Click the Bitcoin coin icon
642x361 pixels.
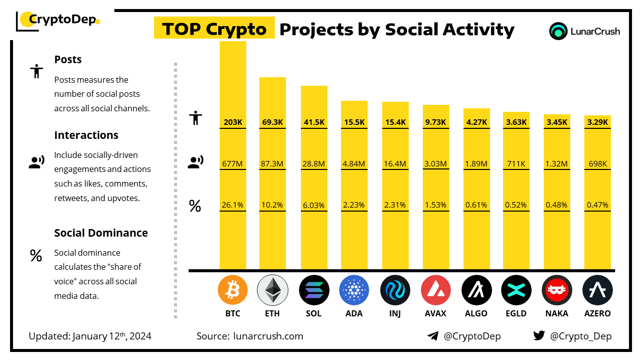(233, 290)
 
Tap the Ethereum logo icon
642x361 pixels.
(272, 290)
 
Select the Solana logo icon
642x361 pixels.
(313, 290)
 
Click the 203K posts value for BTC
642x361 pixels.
(233, 122)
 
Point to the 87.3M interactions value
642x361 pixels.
(272, 163)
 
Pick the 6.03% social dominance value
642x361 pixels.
(313, 205)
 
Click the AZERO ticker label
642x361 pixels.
(597, 314)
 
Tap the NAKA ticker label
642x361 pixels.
(557, 314)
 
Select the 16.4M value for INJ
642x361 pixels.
(395, 163)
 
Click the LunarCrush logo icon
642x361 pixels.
(558, 31)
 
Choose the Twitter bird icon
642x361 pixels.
(539, 336)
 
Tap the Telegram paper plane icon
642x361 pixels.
(433, 336)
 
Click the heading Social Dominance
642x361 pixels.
(101, 233)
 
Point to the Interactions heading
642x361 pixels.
(86, 135)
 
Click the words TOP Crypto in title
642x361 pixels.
(214, 30)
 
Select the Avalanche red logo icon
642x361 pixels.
(436, 290)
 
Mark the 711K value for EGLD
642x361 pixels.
(516, 163)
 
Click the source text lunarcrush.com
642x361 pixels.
(268, 336)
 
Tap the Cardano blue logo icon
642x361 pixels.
(354, 290)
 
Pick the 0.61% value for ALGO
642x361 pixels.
(476, 205)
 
